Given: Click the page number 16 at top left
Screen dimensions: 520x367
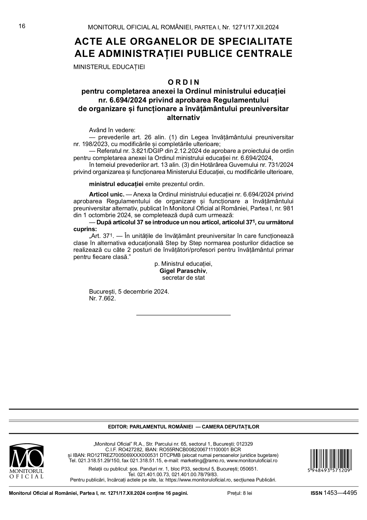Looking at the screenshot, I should (22, 26).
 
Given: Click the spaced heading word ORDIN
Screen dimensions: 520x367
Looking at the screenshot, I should (183, 82).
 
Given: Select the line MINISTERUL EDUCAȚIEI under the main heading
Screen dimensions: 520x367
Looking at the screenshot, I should (109, 67).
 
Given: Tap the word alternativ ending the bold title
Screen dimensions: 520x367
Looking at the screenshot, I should (183, 118).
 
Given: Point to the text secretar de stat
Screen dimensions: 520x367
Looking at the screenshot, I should (183, 278).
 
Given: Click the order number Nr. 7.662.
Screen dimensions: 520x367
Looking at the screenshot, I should (102, 299).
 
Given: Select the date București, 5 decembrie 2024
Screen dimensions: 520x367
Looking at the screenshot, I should (129, 292).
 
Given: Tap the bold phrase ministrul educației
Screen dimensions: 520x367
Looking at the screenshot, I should (116, 184).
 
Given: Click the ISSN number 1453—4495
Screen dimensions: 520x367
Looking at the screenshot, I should (340, 493).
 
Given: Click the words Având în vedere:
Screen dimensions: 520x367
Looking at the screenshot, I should (112, 130).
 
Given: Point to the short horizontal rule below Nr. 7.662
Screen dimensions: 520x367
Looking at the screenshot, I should (183, 315).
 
